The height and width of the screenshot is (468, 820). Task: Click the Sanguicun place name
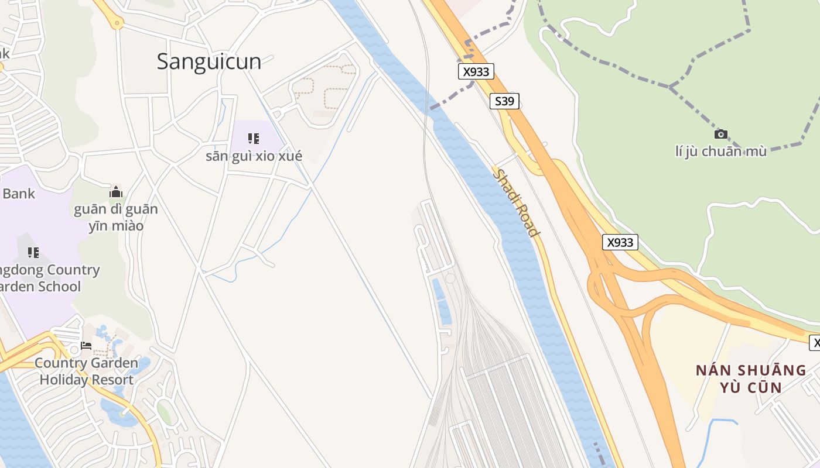click(x=209, y=61)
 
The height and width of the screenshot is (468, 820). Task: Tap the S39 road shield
click(x=504, y=101)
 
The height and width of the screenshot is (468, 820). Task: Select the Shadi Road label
click(x=516, y=202)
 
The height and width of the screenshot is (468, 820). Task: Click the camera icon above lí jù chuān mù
click(x=721, y=134)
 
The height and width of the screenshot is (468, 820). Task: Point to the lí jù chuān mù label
click(x=720, y=152)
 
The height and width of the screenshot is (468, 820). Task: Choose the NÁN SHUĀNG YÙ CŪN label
click(x=751, y=378)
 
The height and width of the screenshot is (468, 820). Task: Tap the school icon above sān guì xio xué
click(x=253, y=139)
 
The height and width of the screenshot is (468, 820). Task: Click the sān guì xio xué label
click(x=254, y=156)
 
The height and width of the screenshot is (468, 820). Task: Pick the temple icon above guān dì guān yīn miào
click(x=116, y=192)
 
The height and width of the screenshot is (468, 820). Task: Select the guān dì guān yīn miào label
click(x=116, y=217)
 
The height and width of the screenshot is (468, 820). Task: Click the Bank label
click(x=19, y=194)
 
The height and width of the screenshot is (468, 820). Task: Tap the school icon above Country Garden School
click(x=33, y=253)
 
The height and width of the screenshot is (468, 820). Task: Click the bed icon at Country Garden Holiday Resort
click(x=86, y=345)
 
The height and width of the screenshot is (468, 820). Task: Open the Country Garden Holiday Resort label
click(x=86, y=371)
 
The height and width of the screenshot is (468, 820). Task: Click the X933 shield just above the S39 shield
click(x=476, y=71)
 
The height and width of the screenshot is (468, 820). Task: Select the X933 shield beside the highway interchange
click(x=620, y=242)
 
